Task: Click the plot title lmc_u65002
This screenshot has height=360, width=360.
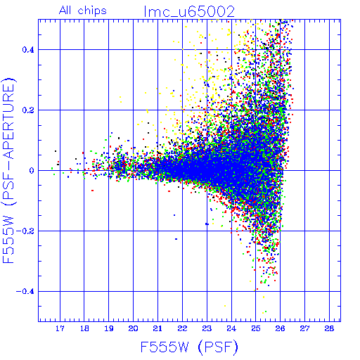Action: pyautogui.click(x=189, y=12)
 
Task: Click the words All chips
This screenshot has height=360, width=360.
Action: pyautogui.click(x=83, y=11)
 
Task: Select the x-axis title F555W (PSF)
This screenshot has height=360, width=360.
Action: pyautogui.click(x=189, y=347)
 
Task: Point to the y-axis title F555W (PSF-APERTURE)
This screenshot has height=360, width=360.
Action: pyautogui.click(x=9, y=170)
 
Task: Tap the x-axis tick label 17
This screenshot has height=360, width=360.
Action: pyautogui.click(x=60, y=328)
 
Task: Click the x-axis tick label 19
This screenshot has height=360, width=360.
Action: pyautogui.click(x=109, y=328)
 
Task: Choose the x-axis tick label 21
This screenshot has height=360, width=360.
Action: pyautogui.click(x=157, y=328)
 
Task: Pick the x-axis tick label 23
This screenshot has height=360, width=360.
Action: pyautogui.click(x=207, y=328)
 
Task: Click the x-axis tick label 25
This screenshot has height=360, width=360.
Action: pyautogui.click(x=256, y=328)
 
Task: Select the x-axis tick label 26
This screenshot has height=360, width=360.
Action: pyautogui.click(x=280, y=328)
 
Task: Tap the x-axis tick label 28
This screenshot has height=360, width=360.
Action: pyautogui.click(x=329, y=328)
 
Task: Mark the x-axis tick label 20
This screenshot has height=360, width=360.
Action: pyautogui.click(x=133, y=328)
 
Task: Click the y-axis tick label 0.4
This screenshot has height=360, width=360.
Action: pyautogui.click(x=28, y=50)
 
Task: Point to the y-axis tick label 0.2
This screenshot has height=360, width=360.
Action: pyautogui.click(x=28, y=110)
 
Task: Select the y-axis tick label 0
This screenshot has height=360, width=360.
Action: pyautogui.click(x=32, y=171)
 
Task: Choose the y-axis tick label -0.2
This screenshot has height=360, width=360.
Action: pyautogui.click(x=25, y=231)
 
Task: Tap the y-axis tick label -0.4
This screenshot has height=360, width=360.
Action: pyautogui.click(x=25, y=292)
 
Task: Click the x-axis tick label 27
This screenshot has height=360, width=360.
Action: pyautogui.click(x=304, y=328)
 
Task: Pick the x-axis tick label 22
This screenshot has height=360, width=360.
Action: pyautogui.click(x=182, y=328)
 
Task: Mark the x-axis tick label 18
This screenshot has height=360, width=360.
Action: pyautogui.click(x=84, y=328)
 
